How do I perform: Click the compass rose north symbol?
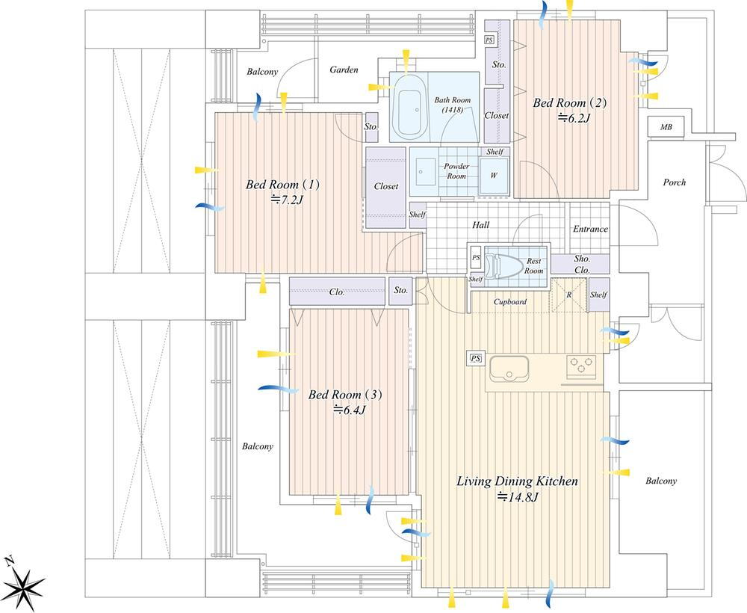point(24,585)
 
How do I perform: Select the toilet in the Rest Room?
point(506,265)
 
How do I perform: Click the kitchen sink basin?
point(509,369)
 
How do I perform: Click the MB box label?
point(666,127)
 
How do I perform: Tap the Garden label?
point(344,70)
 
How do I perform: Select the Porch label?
point(675,182)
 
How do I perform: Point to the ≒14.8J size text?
point(518,497)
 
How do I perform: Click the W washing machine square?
point(494,176)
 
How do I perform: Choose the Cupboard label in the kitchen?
point(510,302)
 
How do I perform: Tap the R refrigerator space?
point(569,295)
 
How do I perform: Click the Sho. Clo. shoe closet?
point(580,264)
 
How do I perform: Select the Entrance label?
point(590,229)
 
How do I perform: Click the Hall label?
point(480,225)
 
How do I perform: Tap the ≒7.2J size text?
point(287,200)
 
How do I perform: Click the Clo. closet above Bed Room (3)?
point(338,292)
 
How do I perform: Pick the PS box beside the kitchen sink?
point(475,359)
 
